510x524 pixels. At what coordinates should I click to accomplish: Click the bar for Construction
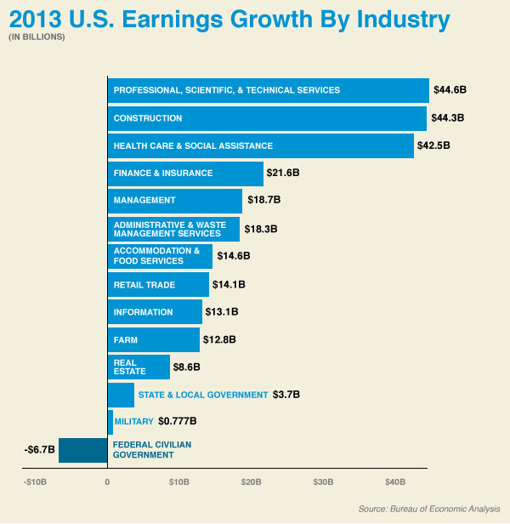point(267,118)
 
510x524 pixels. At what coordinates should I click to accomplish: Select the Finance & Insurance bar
point(185,174)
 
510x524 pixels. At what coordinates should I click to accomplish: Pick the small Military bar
point(110,422)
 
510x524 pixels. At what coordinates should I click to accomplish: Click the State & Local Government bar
point(121,395)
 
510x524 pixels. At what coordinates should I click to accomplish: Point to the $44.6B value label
point(450,90)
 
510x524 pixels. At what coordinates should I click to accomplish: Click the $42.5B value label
point(433,145)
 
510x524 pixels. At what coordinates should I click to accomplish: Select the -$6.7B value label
point(40,449)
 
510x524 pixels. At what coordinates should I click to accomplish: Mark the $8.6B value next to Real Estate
point(186,367)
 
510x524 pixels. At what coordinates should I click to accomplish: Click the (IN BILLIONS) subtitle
point(37,37)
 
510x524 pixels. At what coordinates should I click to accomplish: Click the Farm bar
point(154,339)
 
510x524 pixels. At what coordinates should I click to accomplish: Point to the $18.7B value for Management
point(263,201)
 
